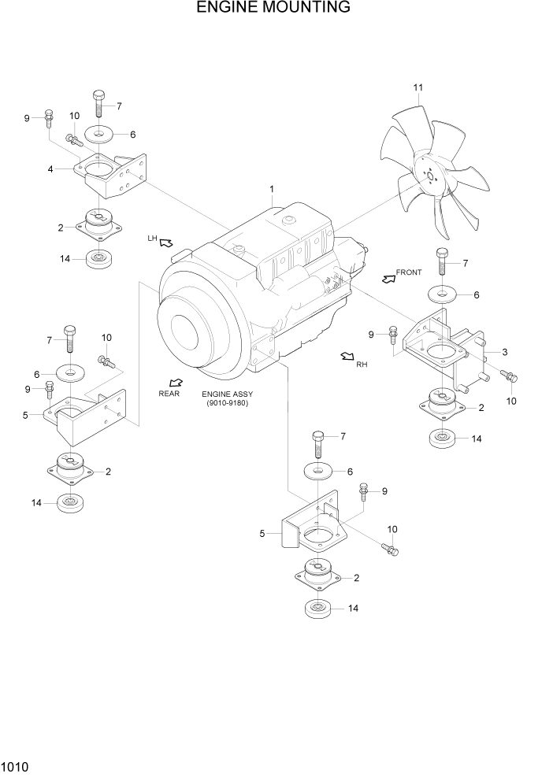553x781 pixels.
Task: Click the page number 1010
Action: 17,765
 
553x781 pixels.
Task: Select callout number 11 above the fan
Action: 418,87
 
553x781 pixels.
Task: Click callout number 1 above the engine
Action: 271,189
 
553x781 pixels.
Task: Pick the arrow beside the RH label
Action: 347,358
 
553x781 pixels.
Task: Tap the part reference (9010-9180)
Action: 228,404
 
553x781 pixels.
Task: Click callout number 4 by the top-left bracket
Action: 50,168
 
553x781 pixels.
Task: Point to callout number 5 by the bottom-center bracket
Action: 262,534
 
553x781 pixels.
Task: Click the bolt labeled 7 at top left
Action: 98,102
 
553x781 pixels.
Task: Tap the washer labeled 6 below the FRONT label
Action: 443,294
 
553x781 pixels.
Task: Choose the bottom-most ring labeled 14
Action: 317,609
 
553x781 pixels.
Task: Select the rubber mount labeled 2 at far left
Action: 71,470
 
